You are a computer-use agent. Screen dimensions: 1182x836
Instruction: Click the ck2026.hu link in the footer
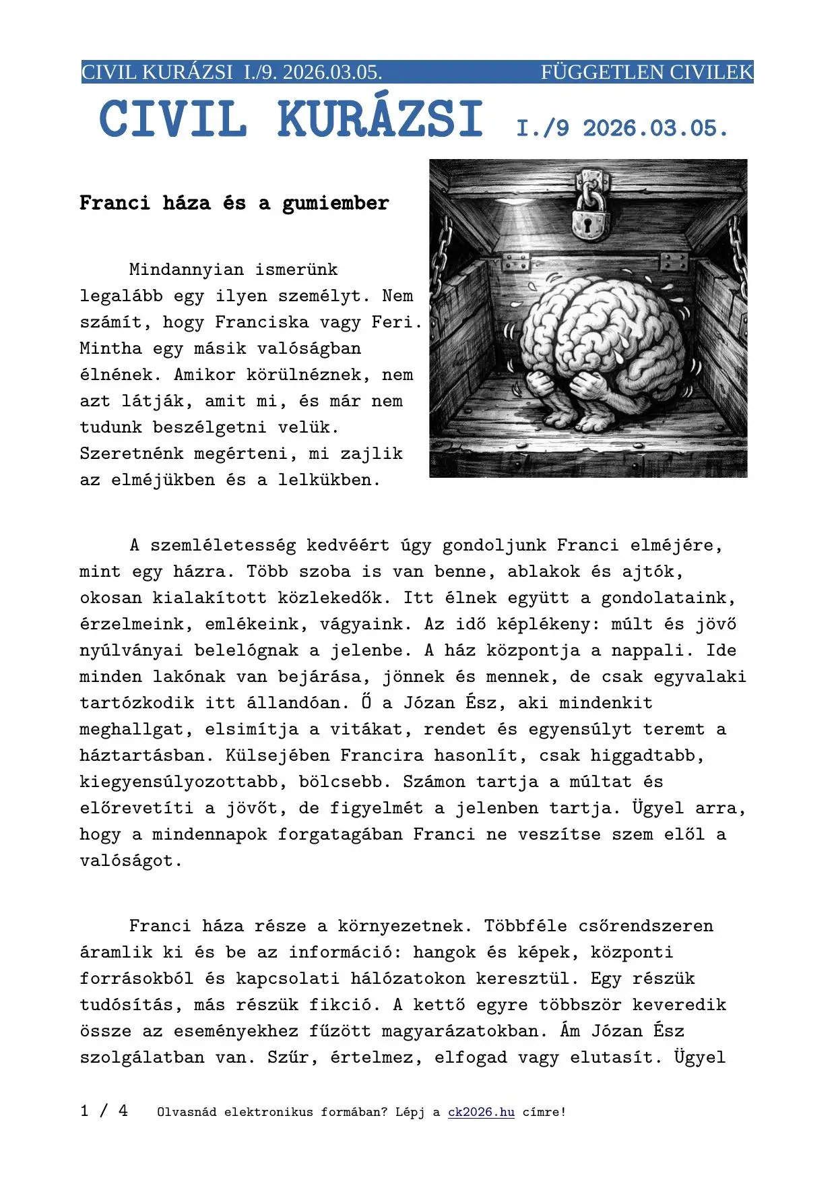pos(481,1112)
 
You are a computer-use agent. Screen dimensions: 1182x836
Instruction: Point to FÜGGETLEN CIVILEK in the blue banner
pos(647,72)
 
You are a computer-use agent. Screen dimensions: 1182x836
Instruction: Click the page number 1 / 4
pos(104,1111)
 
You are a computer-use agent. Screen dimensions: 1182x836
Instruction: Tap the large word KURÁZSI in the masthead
pos(380,120)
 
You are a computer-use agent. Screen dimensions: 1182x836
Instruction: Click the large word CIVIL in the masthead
pos(172,120)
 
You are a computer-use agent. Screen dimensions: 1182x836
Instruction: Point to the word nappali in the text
pos(647,650)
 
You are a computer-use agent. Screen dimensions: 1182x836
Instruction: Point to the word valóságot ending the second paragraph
pos(131,861)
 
